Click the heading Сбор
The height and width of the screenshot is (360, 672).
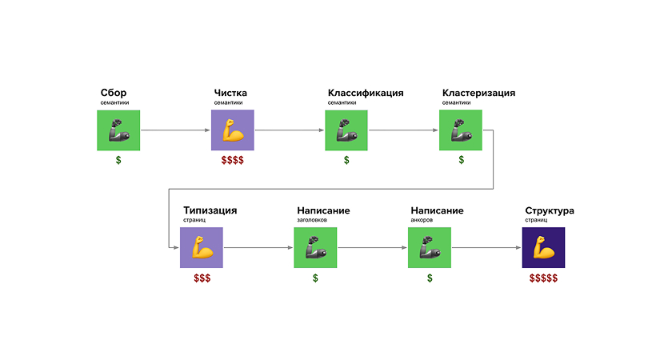[114, 93]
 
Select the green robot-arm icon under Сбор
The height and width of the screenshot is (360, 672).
[118, 130]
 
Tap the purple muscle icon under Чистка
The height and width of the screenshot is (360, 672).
[232, 130]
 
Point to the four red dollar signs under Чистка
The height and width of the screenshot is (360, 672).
[233, 160]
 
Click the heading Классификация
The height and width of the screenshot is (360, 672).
[366, 93]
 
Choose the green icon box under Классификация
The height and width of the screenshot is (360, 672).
[346, 130]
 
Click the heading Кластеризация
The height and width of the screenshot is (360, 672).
[478, 93]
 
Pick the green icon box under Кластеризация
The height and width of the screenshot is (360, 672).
[461, 130]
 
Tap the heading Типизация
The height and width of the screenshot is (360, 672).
[210, 210]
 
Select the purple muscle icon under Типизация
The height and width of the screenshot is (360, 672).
[202, 248]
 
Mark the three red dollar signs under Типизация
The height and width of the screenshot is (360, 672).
[202, 278]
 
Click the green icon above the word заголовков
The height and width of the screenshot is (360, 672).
[315, 248]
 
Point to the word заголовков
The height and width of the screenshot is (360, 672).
[312, 220]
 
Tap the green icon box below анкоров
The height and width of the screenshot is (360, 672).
[430, 248]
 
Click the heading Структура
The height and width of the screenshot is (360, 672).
[550, 210]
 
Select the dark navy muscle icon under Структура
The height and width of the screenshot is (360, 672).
[543, 248]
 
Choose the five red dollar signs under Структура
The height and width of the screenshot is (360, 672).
[543, 278]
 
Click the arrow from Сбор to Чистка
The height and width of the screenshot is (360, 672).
[175, 130]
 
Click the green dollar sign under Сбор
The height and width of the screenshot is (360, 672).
[118, 160]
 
